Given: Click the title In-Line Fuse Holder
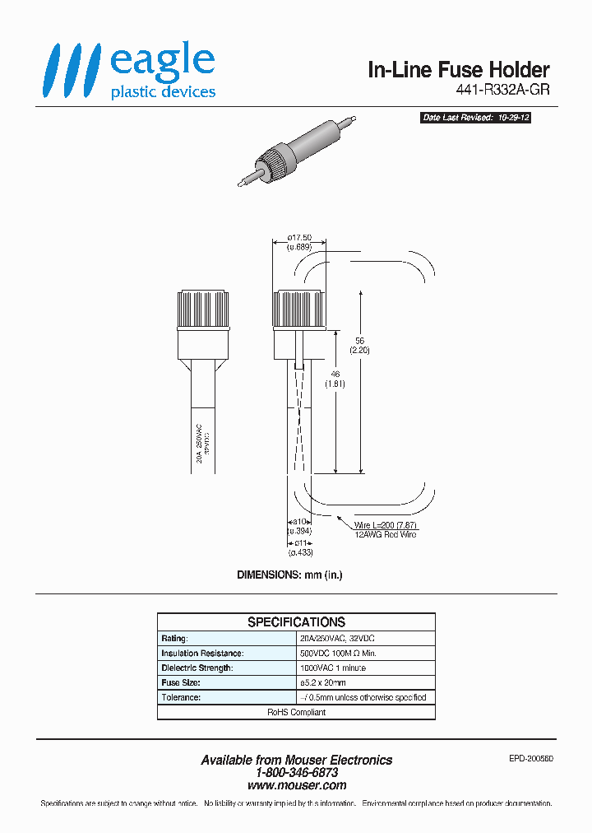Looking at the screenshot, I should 458,71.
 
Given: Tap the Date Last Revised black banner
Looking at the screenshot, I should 475,118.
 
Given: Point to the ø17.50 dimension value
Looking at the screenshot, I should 299,237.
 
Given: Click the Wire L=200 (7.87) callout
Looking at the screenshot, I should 386,525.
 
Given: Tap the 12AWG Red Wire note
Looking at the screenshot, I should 385,535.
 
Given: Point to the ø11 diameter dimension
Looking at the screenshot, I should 300,542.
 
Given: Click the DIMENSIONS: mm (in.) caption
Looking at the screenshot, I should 289,575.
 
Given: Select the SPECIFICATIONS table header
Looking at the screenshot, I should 296,622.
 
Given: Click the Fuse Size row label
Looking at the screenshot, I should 181,683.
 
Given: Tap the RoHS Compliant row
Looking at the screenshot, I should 296,713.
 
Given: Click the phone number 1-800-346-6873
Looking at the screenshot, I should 296,773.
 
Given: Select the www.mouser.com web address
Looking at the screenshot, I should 296,785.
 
